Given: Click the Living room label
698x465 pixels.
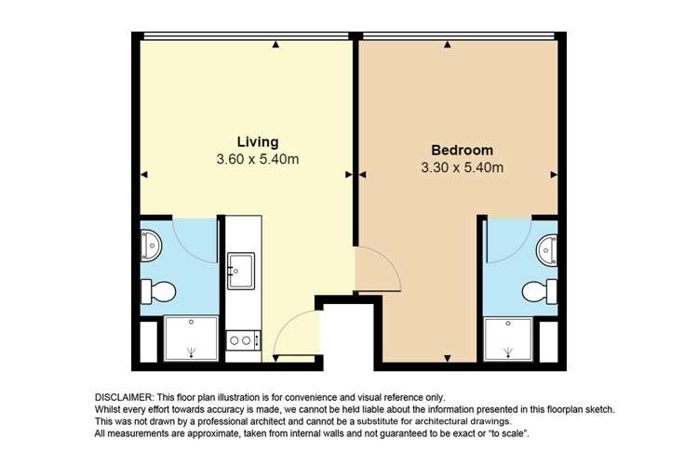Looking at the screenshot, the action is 258,142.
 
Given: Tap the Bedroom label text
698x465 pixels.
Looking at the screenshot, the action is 462,151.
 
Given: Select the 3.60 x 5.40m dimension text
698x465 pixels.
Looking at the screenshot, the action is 257,159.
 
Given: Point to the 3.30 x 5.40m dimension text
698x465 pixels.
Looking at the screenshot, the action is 462,167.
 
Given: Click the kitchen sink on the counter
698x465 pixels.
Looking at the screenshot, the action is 241,271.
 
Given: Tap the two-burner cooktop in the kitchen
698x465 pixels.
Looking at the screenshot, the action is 243,340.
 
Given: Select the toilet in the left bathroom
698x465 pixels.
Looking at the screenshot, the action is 158,292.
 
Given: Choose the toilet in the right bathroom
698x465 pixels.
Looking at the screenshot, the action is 540,292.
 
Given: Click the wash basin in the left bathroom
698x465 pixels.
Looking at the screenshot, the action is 151,245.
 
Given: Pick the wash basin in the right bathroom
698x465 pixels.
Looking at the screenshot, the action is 547,250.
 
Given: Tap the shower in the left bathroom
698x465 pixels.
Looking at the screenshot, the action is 191,339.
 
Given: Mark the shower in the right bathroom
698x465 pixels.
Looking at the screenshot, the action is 508,339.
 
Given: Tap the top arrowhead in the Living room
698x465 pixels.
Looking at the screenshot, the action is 276,45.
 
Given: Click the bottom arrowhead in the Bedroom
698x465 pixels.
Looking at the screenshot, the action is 448,358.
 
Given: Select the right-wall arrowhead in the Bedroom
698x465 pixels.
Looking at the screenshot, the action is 554,175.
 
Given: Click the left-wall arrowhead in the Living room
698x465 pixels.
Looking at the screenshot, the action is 143,175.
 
